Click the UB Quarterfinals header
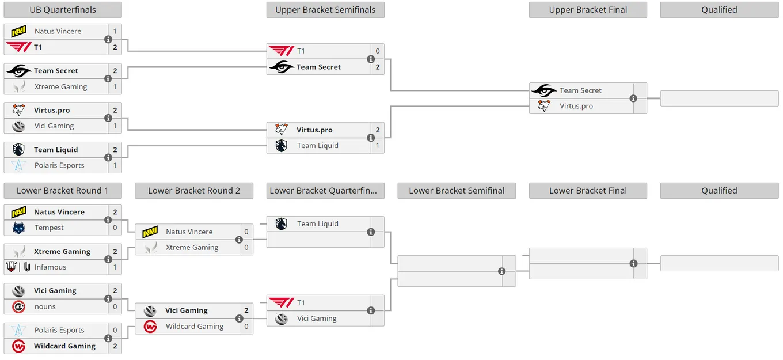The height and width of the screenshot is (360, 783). coord(63,10)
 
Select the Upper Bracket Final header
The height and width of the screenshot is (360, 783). coord(588,10)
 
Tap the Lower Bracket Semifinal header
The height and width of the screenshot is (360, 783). coord(457,191)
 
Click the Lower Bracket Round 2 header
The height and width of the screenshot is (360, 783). coord(194,191)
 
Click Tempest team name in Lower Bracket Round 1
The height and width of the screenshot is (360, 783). coord(49,228)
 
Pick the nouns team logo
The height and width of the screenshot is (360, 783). coord(18,307)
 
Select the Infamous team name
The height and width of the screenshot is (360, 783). coord(50,267)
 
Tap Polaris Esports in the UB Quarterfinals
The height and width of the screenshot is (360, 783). coord(59,165)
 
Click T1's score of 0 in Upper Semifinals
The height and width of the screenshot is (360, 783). coord(378,51)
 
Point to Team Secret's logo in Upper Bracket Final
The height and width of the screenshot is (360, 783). coord(544,90)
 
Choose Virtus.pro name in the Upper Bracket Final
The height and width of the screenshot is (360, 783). coord(576,106)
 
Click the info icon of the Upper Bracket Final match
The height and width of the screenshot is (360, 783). coord(633,98)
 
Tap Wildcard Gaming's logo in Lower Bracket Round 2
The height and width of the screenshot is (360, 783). coord(150,327)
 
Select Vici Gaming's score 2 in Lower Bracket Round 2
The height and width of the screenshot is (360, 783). coord(246,310)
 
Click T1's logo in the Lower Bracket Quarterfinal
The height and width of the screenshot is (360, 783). coord(282,302)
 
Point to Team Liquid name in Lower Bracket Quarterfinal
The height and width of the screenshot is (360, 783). coord(318,224)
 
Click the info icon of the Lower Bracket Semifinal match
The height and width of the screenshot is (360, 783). coord(501,271)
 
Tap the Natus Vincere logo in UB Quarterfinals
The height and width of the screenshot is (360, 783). coord(18,32)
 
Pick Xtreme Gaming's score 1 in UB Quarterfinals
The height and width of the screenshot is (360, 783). coord(115,87)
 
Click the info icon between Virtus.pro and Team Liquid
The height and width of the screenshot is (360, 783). coord(371,138)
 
